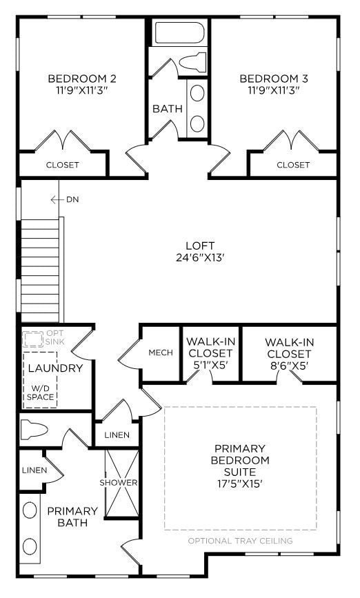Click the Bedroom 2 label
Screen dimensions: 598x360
coord(81,78)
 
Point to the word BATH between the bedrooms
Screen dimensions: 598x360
coord(168,108)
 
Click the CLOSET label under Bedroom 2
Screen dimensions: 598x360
coord(62,165)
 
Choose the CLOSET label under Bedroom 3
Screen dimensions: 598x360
coord(293,165)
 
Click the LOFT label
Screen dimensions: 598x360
coord(200,246)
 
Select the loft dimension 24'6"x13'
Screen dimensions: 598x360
coord(200,258)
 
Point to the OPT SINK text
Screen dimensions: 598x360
coord(54,338)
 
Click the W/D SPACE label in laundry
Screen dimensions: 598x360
coord(40,393)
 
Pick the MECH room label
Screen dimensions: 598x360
coord(161,352)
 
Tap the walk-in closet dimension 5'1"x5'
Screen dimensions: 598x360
coord(210,365)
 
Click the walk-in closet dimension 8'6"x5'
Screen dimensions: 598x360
coord(290,365)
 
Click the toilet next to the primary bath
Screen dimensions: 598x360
coord(34,430)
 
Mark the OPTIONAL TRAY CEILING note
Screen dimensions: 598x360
coord(240,541)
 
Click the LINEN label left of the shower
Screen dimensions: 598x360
coord(34,470)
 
